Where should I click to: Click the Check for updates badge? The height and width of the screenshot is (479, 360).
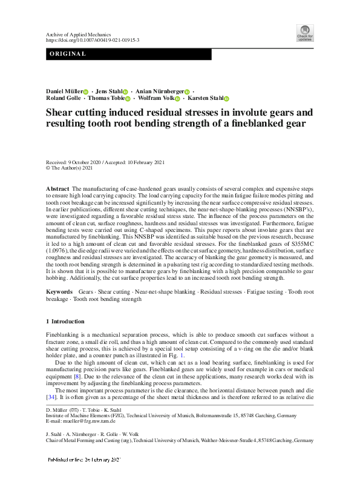tap(304, 33)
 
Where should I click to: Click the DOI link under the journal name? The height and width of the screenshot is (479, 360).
tap(93, 41)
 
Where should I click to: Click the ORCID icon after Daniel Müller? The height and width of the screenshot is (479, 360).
tap(86, 91)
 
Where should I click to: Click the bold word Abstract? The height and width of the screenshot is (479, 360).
tap(57, 190)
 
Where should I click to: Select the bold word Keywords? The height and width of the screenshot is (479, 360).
tap(59, 292)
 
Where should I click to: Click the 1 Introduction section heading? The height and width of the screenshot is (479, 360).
tap(65, 321)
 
